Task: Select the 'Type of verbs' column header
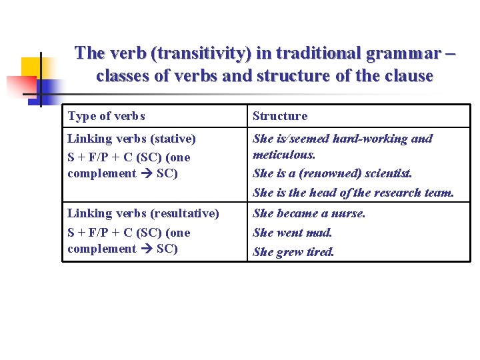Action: (106, 116)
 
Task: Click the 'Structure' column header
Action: (280, 116)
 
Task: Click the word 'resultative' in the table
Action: (183, 213)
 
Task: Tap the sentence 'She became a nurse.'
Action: (309, 213)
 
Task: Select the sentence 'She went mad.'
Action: (292, 233)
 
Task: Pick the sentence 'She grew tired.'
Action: (293, 252)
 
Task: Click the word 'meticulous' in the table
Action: (283, 155)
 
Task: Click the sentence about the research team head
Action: (353, 193)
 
